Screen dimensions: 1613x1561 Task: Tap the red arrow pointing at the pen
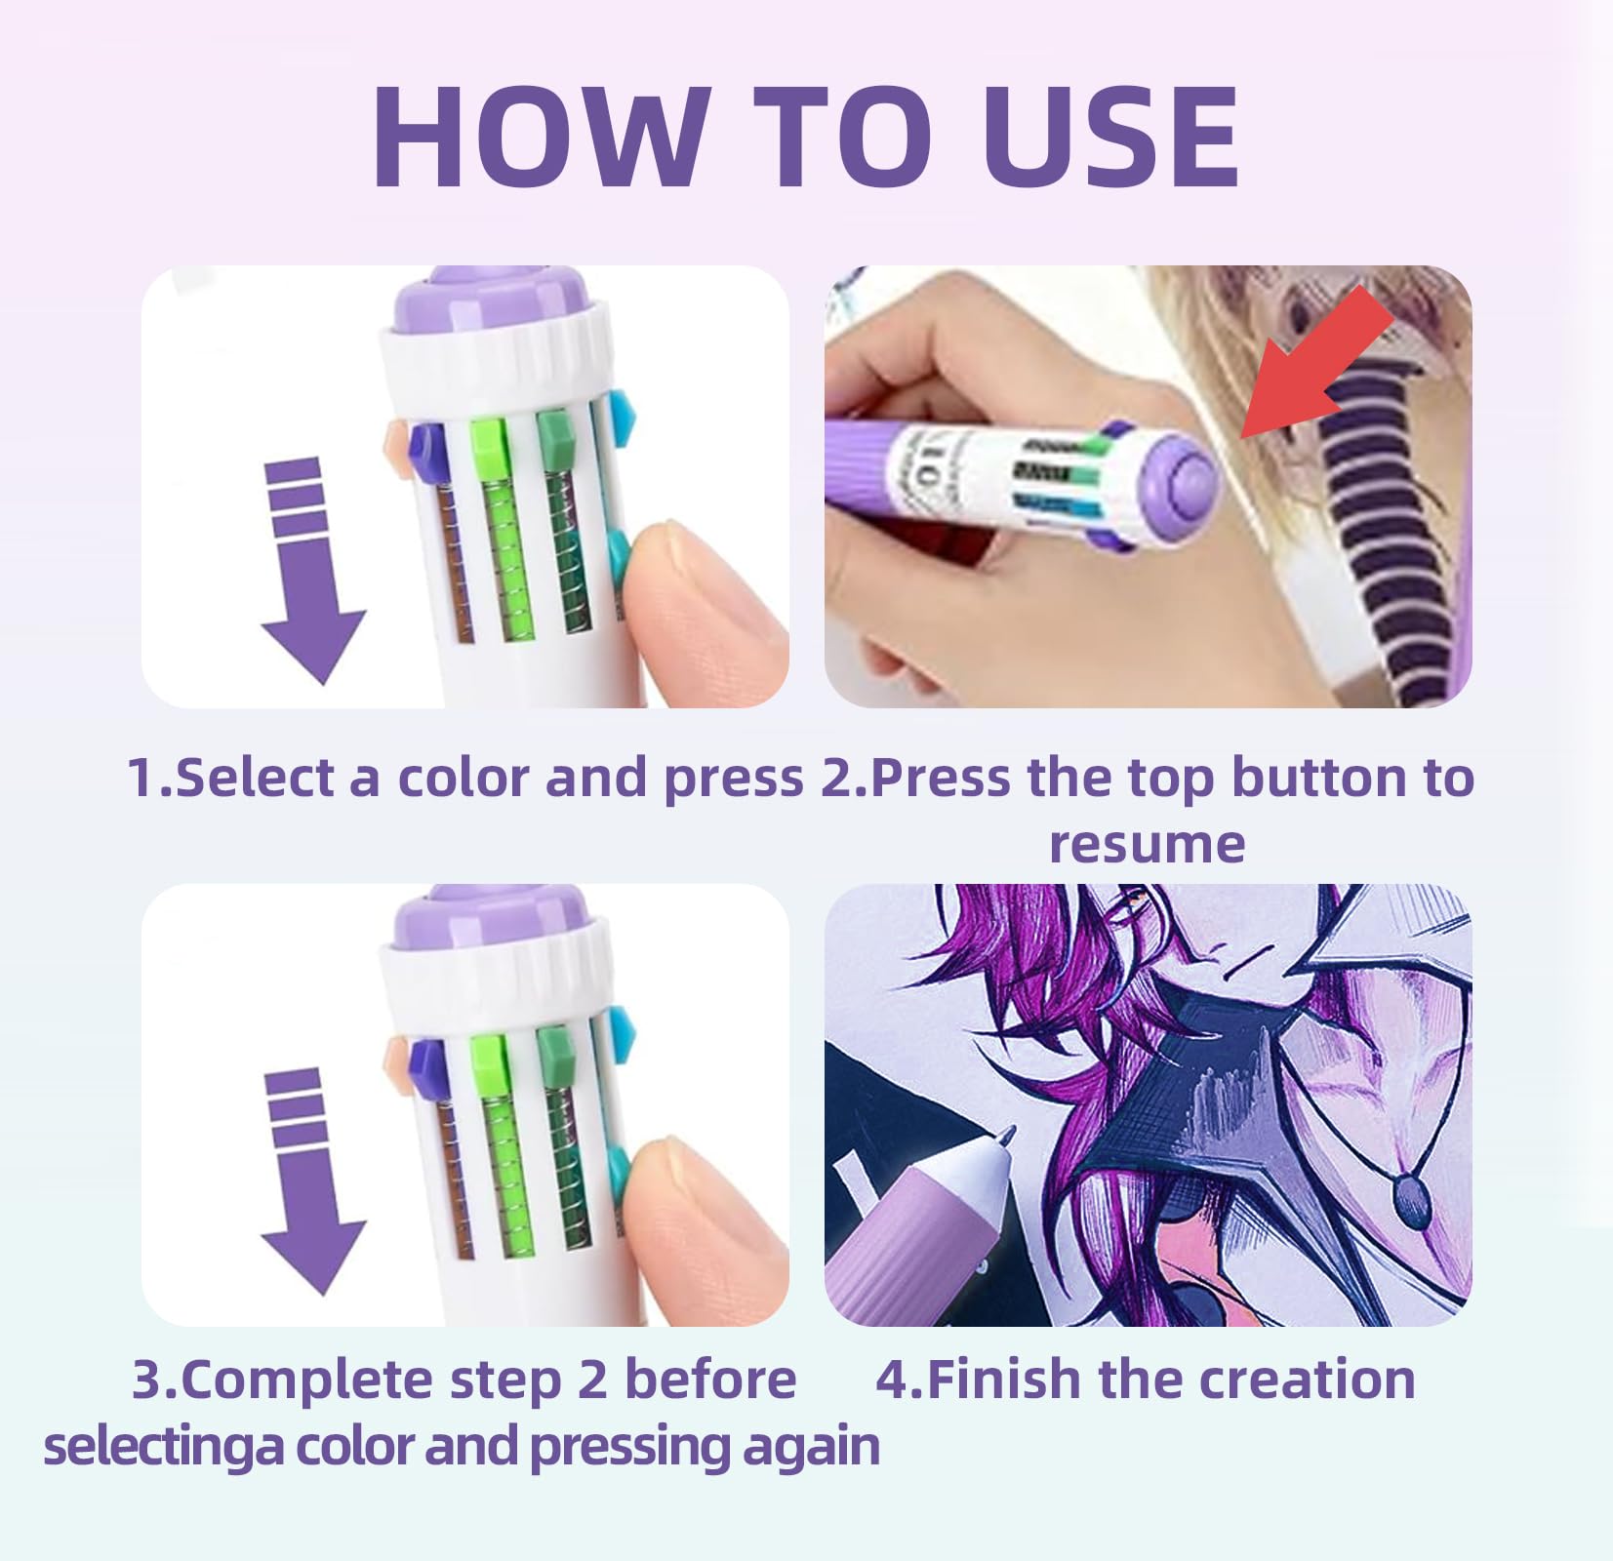pyautogui.click(x=1317, y=363)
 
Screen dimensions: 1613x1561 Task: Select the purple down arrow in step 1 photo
pyautogui.click(x=312, y=571)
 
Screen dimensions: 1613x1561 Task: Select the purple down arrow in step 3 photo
pyautogui.click(x=312, y=1181)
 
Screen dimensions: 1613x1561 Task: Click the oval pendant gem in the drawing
pyautogui.click(x=1410, y=1200)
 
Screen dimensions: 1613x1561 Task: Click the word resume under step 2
pyautogui.click(x=1148, y=845)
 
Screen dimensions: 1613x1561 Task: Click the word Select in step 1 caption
pyautogui.click(x=256, y=778)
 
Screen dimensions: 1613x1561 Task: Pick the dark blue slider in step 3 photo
pyautogui.click(x=426, y=1061)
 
